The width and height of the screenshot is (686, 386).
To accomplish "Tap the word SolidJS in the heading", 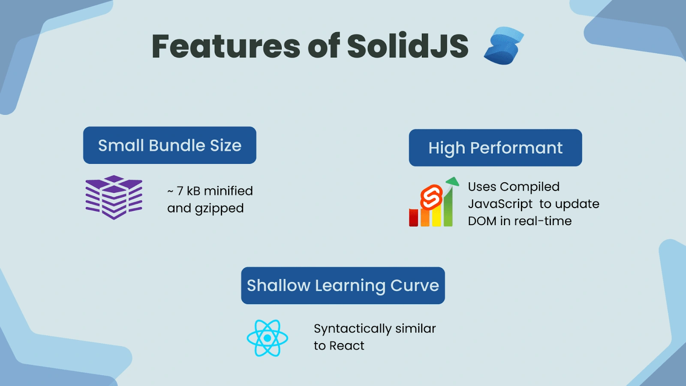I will [x=408, y=46].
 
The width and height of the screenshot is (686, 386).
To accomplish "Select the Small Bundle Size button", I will [x=170, y=145].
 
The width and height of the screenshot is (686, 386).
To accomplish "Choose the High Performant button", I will [x=495, y=148].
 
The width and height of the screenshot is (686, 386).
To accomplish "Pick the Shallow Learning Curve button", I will [x=343, y=286].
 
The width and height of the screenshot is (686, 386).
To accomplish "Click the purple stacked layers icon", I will [x=114, y=197].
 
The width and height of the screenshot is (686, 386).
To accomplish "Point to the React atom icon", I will [x=268, y=338].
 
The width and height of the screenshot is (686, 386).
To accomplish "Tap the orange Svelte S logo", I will [x=431, y=197].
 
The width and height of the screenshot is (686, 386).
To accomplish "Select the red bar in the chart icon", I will [x=413, y=217].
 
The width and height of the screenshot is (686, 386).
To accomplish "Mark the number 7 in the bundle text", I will [x=180, y=191].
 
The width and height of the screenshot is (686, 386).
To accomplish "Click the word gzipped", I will [x=219, y=209].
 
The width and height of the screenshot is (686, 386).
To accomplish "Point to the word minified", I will [x=228, y=191].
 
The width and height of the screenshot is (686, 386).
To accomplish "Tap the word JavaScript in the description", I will [x=500, y=204].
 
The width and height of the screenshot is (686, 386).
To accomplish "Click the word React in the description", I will [x=347, y=346].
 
